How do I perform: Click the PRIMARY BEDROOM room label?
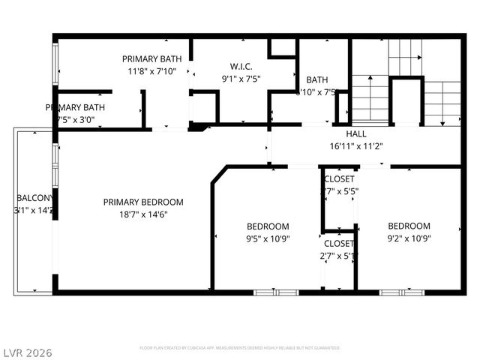143,202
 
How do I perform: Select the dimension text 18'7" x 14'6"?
143,214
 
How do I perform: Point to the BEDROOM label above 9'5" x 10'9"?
268,226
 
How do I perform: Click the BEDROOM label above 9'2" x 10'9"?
409,226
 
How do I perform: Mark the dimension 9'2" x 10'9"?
409,238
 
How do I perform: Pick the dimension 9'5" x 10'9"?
268,239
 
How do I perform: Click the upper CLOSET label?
339,179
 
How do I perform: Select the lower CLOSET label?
339,244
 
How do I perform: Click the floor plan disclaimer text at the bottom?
240,348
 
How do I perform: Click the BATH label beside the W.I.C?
317,79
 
